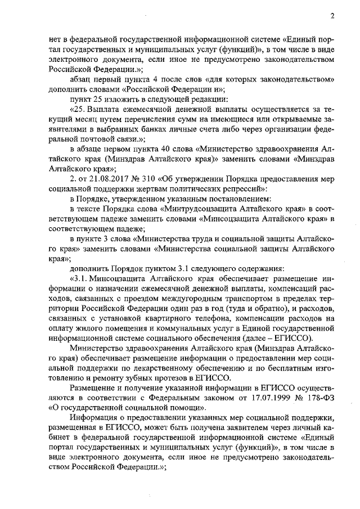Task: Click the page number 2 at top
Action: [332, 16]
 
